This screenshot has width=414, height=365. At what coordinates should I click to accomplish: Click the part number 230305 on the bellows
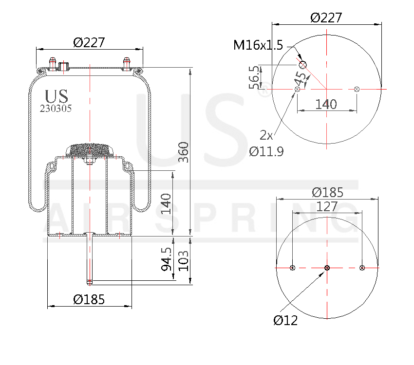point(56,109)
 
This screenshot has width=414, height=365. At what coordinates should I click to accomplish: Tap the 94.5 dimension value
point(167,259)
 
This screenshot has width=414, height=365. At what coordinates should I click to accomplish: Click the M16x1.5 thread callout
point(258,45)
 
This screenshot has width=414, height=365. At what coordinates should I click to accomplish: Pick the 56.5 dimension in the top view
point(254,77)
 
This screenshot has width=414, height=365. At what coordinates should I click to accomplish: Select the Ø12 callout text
point(285,320)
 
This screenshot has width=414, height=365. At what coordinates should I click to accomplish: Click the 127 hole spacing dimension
point(327,206)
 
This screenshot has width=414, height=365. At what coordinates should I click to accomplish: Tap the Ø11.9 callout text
point(266,151)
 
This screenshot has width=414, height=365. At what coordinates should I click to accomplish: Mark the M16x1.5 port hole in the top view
point(303,65)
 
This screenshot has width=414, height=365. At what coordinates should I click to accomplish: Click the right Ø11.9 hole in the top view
point(357,89)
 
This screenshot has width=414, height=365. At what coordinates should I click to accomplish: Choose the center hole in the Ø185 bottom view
point(327,268)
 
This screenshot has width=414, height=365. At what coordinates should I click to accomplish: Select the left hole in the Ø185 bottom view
point(292,268)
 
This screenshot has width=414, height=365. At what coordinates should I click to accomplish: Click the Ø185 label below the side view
point(89,299)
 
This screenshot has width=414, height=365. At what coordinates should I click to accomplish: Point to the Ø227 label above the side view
point(89,43)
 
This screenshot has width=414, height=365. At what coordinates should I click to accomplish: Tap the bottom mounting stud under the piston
point(90,258)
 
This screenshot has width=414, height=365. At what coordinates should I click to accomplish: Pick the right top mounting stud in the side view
point(127,64)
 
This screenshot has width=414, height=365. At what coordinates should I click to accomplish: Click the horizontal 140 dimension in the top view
point(326,104)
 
